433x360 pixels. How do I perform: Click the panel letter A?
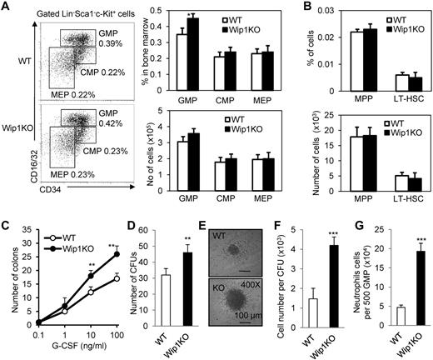[7, 7]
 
